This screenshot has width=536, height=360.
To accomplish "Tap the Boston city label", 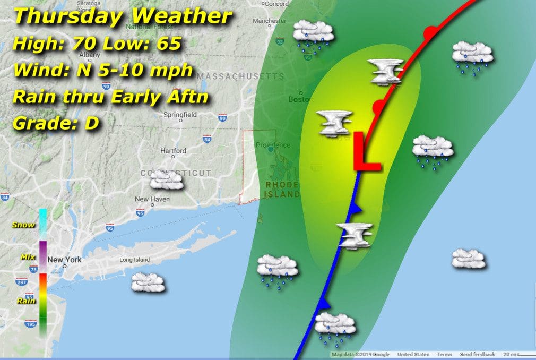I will coord(298,99).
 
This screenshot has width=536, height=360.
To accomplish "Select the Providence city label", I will coord(273,145).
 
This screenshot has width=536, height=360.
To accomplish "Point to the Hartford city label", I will coord(174,151).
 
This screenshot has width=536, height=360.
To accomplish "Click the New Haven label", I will coord(152,199).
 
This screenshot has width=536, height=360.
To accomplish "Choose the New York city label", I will coord(64,260).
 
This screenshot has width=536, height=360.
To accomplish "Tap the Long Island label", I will coord(134,260).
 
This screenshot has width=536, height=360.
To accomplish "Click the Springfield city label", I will coord(181,114).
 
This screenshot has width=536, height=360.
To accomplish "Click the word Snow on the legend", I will coord(24,225).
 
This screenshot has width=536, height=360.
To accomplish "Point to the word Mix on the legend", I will coord(27,257).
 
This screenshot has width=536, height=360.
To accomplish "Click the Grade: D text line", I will coord(56,123).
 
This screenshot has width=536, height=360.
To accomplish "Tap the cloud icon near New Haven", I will coord(167,181).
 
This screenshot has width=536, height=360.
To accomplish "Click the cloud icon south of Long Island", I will coord(148,282).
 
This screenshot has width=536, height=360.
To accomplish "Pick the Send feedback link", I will coord(477,354).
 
